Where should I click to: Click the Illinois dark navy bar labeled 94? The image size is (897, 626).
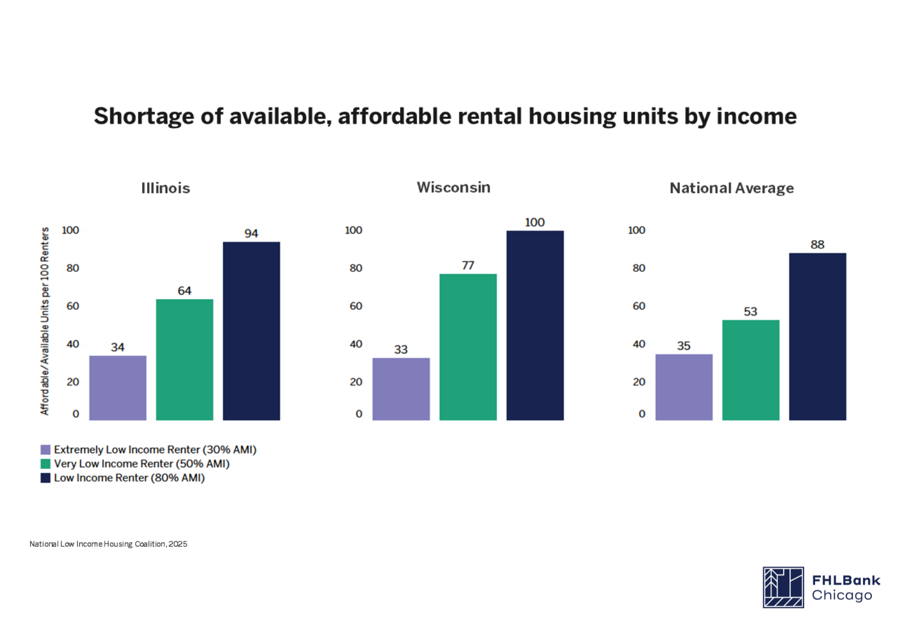click(x=251, y=331)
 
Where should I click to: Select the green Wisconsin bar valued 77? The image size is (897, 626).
click(x=468, y=347)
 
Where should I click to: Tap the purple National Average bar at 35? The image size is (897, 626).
click(x=684, y=387)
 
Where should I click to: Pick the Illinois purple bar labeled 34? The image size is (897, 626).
click(x=118, y=388)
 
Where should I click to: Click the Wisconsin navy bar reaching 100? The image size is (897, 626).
click(x=535, y=325)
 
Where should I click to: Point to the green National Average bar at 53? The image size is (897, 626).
click(x=750, y=370)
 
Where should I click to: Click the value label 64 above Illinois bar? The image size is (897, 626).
click(x=185, y=291)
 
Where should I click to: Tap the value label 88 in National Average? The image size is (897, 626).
click(x=817, y=245)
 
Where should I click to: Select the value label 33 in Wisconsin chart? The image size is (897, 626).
click(x=401, y=350)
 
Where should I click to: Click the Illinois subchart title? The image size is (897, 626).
click(x=165, y=188)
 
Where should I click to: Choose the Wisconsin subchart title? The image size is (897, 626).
click(x=453, y=187)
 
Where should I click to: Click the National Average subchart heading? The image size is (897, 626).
click(x=731, y=188)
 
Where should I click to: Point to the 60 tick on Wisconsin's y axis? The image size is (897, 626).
click(x=356, y=306)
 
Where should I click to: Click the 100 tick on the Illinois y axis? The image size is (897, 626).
click(x=70, y=230)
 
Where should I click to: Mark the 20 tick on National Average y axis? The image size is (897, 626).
click(x=639, y=382)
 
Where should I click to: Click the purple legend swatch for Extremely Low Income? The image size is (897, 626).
click(x=46, y=450)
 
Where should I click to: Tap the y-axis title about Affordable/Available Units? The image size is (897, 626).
click(x=45, y=321)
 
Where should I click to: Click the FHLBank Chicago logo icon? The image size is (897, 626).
click(x=783, y=587)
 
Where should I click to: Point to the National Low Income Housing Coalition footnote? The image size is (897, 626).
click(x=108, y=544)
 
